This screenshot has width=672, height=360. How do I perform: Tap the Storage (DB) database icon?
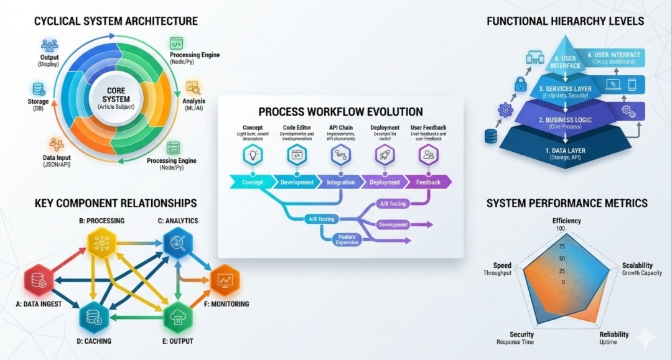[39, 90]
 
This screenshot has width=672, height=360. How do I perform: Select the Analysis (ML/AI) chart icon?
[192, 87]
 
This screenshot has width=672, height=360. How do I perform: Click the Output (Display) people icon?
[49, 45]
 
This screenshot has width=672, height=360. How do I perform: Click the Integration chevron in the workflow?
[340, 182]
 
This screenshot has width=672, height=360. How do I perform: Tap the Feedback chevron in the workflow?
[427, 182]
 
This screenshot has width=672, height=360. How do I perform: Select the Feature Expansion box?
[347, 239]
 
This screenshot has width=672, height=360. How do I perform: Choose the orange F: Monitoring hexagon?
[226, 281]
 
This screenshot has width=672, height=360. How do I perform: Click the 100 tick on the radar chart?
[561, 229]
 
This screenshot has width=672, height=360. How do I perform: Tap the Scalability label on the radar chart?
[638, 265]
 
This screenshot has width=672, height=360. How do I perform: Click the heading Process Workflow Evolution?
[340, 112]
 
